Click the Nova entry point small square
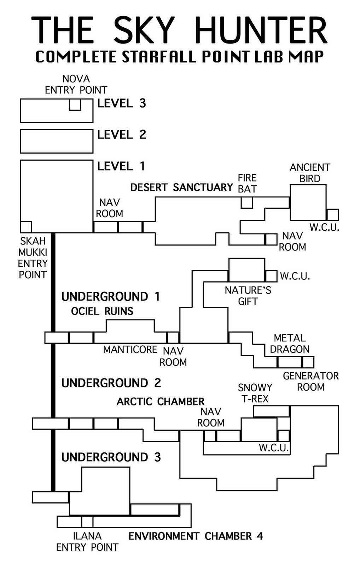75,105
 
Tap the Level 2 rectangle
57,141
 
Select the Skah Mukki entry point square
26,227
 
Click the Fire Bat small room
247,203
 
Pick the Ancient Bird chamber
308,202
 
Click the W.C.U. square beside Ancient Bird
332,215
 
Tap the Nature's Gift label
248,296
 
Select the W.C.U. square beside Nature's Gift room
271,276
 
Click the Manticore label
130,350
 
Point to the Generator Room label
310,381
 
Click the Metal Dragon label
290,343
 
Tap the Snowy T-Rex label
255,393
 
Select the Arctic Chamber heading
161,402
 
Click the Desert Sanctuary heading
182,187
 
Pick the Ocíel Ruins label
102,311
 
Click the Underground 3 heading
111,457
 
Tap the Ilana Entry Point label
87,542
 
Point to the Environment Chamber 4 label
196,536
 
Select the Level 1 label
121,166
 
